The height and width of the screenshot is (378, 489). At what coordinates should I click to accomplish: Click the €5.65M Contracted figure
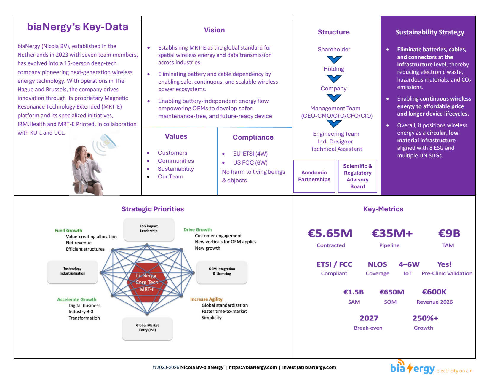tap(330, 234)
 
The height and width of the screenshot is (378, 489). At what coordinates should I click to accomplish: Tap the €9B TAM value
tap(449, 234)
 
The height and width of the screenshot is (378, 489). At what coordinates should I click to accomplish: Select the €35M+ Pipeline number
tap(392, 234)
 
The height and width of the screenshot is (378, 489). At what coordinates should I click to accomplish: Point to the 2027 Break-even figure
tap(369, 318)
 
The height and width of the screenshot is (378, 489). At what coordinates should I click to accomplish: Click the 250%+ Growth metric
tap(425, 318)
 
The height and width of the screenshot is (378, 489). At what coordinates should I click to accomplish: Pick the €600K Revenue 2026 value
tap(434, 292)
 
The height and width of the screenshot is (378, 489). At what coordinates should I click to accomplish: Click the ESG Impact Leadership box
tap(149, 229)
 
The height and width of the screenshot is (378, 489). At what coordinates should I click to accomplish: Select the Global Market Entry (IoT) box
tap(147, 328)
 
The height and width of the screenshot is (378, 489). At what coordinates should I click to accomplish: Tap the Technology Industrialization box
tap(72, 271)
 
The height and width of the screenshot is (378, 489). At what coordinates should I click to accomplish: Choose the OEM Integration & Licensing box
tap(222, 272)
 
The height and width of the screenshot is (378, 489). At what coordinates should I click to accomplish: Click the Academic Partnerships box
tap(314, 176)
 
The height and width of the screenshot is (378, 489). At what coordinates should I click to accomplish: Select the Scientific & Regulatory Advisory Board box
tap(357, 176)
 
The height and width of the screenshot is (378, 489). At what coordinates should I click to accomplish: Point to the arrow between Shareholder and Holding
tap(334, 60)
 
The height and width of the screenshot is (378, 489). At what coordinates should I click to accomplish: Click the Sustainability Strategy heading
tap(430, 32)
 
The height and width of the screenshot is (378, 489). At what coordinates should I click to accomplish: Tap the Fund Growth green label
tap(68, 231)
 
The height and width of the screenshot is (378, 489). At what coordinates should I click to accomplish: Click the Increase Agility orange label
tap(206, 299)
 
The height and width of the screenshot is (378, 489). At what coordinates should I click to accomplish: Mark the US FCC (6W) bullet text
tap(250, 163)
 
